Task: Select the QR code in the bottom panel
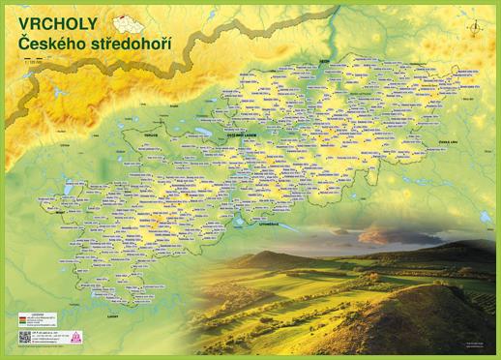25,338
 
